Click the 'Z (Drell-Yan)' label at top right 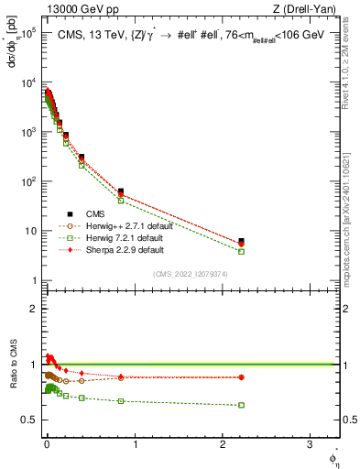click(305, 10)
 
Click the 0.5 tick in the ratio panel click(30, 420)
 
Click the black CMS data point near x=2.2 click(241, 242)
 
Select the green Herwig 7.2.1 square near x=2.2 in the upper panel click(241, 251)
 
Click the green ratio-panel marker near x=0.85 click(121, 401)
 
